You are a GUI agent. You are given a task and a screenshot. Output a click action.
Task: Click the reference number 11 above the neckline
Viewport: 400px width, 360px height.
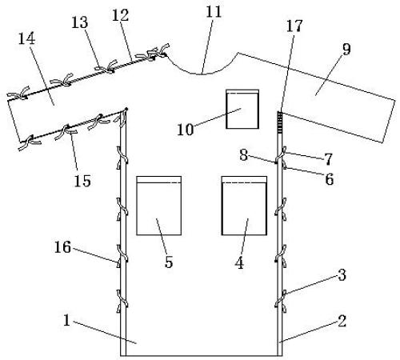[214, 12]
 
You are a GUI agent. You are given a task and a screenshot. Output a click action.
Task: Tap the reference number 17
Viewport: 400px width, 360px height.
[294, 26]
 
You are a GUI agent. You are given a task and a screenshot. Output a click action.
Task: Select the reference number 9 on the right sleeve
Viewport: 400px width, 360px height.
[346, 50]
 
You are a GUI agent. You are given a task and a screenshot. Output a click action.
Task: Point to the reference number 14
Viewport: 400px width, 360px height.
[26, 39]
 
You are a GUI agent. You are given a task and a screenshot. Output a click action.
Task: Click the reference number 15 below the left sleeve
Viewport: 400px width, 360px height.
[82, 181]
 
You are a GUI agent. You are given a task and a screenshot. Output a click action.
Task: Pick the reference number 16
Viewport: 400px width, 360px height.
[62, 247]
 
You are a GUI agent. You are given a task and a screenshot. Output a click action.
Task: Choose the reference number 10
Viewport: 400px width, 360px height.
[186, 130]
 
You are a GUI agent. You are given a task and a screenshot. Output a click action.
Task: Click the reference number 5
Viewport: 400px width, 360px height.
[169, 262]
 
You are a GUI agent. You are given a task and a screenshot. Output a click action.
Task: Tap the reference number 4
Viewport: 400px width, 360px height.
[239, 263]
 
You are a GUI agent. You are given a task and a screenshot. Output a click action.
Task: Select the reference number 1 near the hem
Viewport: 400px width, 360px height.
[66, 321]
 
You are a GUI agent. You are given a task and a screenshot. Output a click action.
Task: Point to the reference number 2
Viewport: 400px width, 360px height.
[342, 321]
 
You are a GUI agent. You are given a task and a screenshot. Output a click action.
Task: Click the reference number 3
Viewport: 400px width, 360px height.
[342, 275]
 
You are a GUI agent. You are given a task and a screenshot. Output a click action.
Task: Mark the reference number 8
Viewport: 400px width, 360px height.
[243, 155]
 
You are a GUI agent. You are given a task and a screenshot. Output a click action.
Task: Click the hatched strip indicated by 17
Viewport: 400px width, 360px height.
[280, 122]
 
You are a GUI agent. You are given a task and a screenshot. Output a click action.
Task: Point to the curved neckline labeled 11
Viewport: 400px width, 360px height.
[201, 74]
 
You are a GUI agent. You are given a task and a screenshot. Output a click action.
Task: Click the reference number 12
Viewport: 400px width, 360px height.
[120, 15]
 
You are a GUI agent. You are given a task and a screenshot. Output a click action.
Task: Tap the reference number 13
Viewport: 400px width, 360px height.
[79, 22]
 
